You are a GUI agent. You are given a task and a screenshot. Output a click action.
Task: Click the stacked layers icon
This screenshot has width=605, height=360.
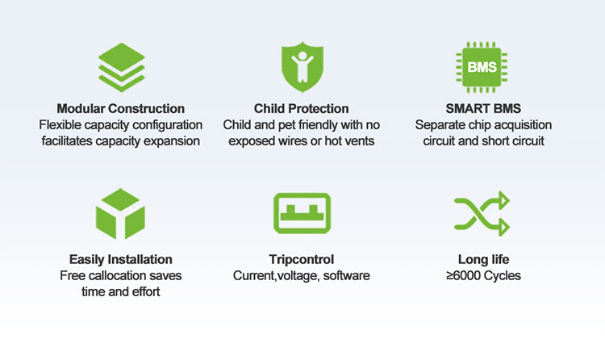coord(122,67)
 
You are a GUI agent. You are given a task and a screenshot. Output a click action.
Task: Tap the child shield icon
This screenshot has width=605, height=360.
coord(302,67)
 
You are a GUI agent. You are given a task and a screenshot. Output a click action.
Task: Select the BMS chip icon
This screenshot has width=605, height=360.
coord(482,67)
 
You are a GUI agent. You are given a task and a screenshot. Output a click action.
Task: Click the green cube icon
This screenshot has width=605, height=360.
coord(120,214)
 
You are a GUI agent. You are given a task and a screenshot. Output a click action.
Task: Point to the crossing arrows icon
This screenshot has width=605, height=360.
coord(482,213)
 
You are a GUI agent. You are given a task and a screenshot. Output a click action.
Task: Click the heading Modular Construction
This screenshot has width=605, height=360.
coord(121,108)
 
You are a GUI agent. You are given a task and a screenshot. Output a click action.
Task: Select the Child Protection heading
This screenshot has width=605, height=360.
coord(302,108)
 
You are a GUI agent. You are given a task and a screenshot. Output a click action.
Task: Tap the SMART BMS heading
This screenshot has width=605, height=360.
coord(483,108)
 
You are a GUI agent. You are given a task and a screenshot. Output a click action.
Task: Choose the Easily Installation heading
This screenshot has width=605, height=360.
coord(121,259)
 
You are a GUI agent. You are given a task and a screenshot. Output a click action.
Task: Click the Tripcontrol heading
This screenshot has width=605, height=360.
coord(302,259)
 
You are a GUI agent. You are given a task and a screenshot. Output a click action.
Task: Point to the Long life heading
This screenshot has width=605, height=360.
coord(483,259)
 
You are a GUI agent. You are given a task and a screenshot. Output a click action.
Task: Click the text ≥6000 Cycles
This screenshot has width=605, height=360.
coord(483,275)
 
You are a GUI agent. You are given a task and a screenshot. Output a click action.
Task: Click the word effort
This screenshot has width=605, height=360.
coord(146,291)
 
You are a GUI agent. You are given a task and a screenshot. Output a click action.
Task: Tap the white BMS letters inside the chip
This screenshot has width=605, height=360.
coord(482,67)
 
